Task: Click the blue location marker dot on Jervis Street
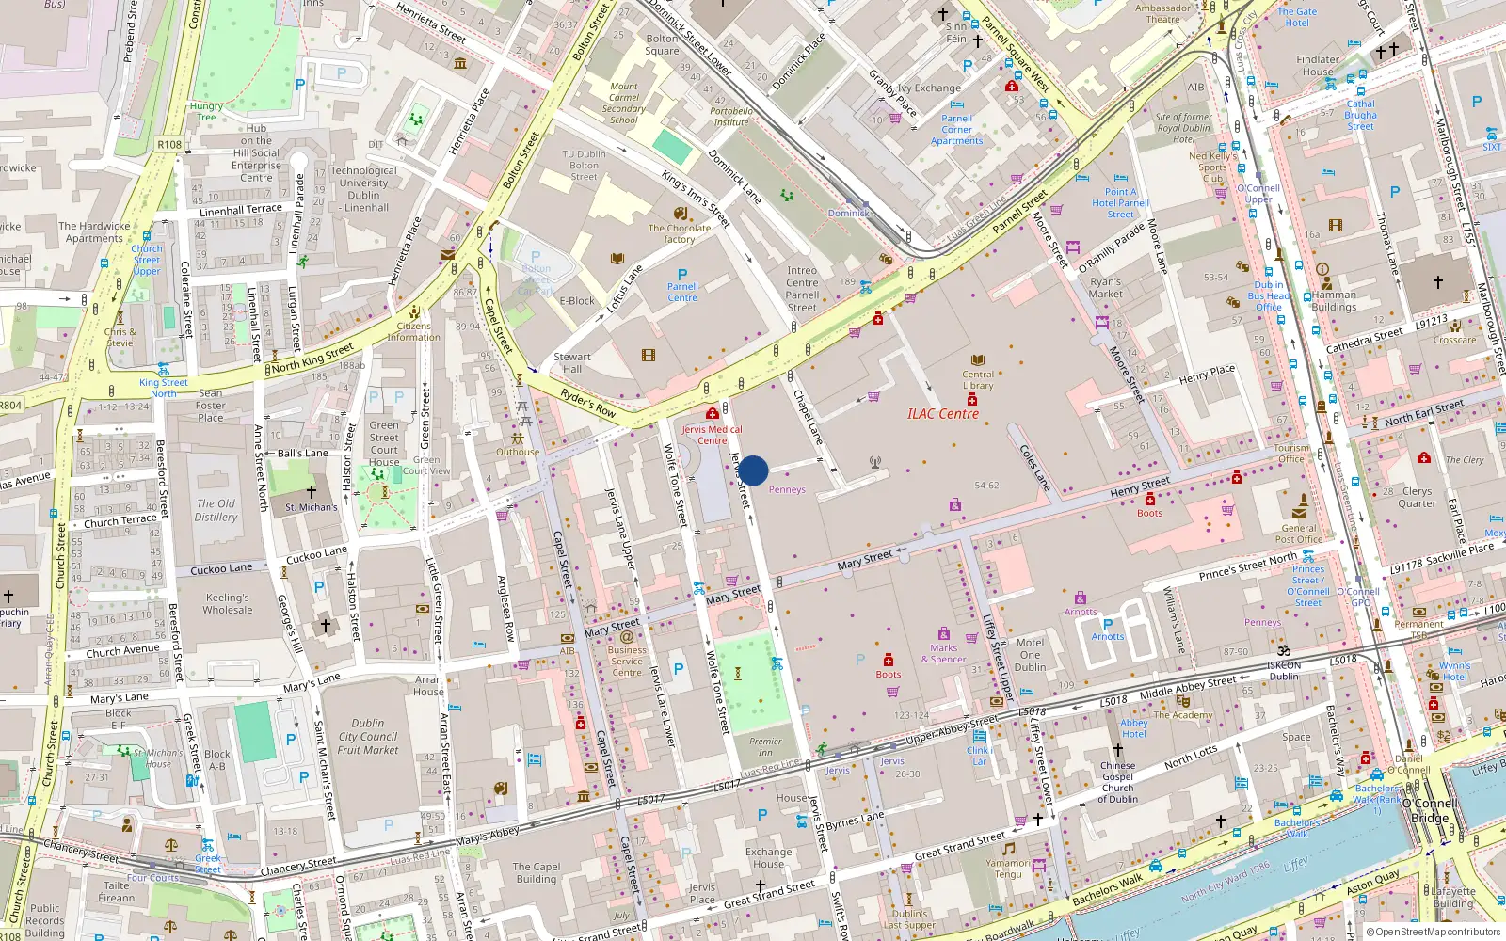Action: pyautogui.click(x=753, y=470)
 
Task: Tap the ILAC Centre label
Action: pyautogui.click(x=943, y=414)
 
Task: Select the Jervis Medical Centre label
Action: pyautogui.click(x=712, y=435)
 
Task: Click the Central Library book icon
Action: pyautogui.click(x=978, y=360)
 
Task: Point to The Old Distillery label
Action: pyautogui.click(x=216, y=510)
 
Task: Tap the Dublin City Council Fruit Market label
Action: pyautogui.click(x=368, y=737)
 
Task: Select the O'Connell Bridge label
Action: pyautogui.click(x=1430, y=810)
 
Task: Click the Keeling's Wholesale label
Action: pyautogui.click(x=228, y=603)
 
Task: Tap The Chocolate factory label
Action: pyautogui.click(x=680, y=233)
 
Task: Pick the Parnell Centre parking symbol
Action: pyautogui.click(x=682, y=275)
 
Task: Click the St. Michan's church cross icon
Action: pyautogui.click(x=311, y=492)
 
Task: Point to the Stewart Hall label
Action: pyautogui.click(x=572, y=362)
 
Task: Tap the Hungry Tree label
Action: pyautogui.click(x=206, y=111)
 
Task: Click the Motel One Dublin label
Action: pyautogui.click(x=1030, y=655)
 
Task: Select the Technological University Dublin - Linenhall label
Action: pyautogui.click(x=363, y=189)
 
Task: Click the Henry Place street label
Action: pyautogui.click(x=1207, y=374)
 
